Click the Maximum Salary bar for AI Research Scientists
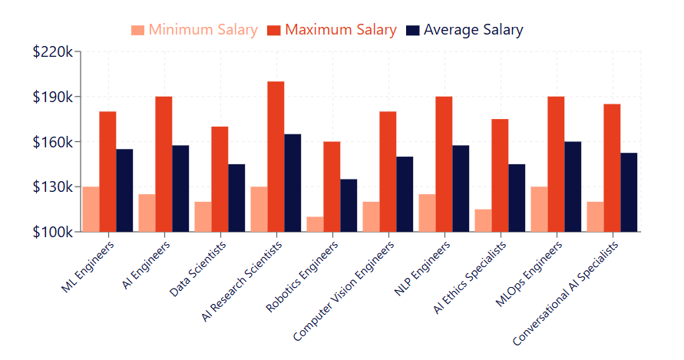click(276, 157)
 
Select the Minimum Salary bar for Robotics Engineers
click(315, 224)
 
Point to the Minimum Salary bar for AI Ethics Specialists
click(483, 220)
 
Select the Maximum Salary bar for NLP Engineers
click(444, 164)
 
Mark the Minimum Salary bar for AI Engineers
click(147, 213)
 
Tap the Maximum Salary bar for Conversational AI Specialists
click(612, 168)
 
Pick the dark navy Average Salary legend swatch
click(413, 31)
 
